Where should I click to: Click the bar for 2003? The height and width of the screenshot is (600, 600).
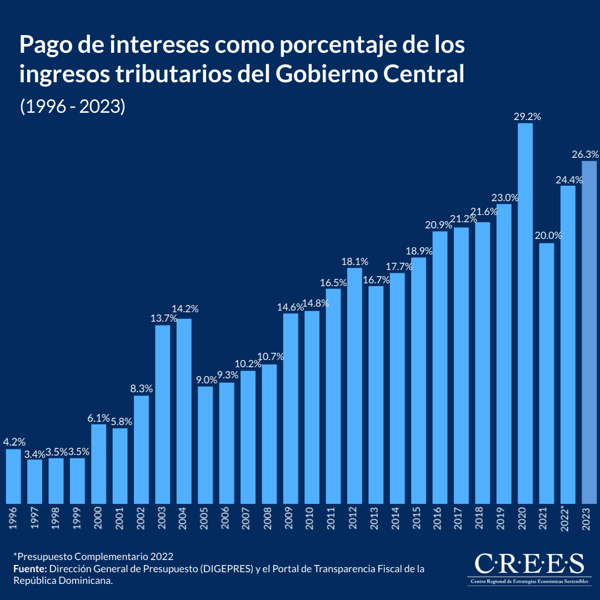coord(163,414)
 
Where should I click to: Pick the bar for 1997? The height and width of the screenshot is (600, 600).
coord(35,481)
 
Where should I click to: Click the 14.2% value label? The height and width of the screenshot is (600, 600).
coord(185,309)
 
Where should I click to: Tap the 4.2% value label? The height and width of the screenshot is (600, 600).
coord(14,442)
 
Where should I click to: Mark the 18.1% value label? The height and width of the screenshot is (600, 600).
coord(354,261)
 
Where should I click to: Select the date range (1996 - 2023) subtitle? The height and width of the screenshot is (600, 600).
coord(73,107)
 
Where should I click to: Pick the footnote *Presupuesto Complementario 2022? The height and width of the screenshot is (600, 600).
coord(93,556)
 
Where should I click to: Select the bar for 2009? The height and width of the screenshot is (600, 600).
coord(291,408)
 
